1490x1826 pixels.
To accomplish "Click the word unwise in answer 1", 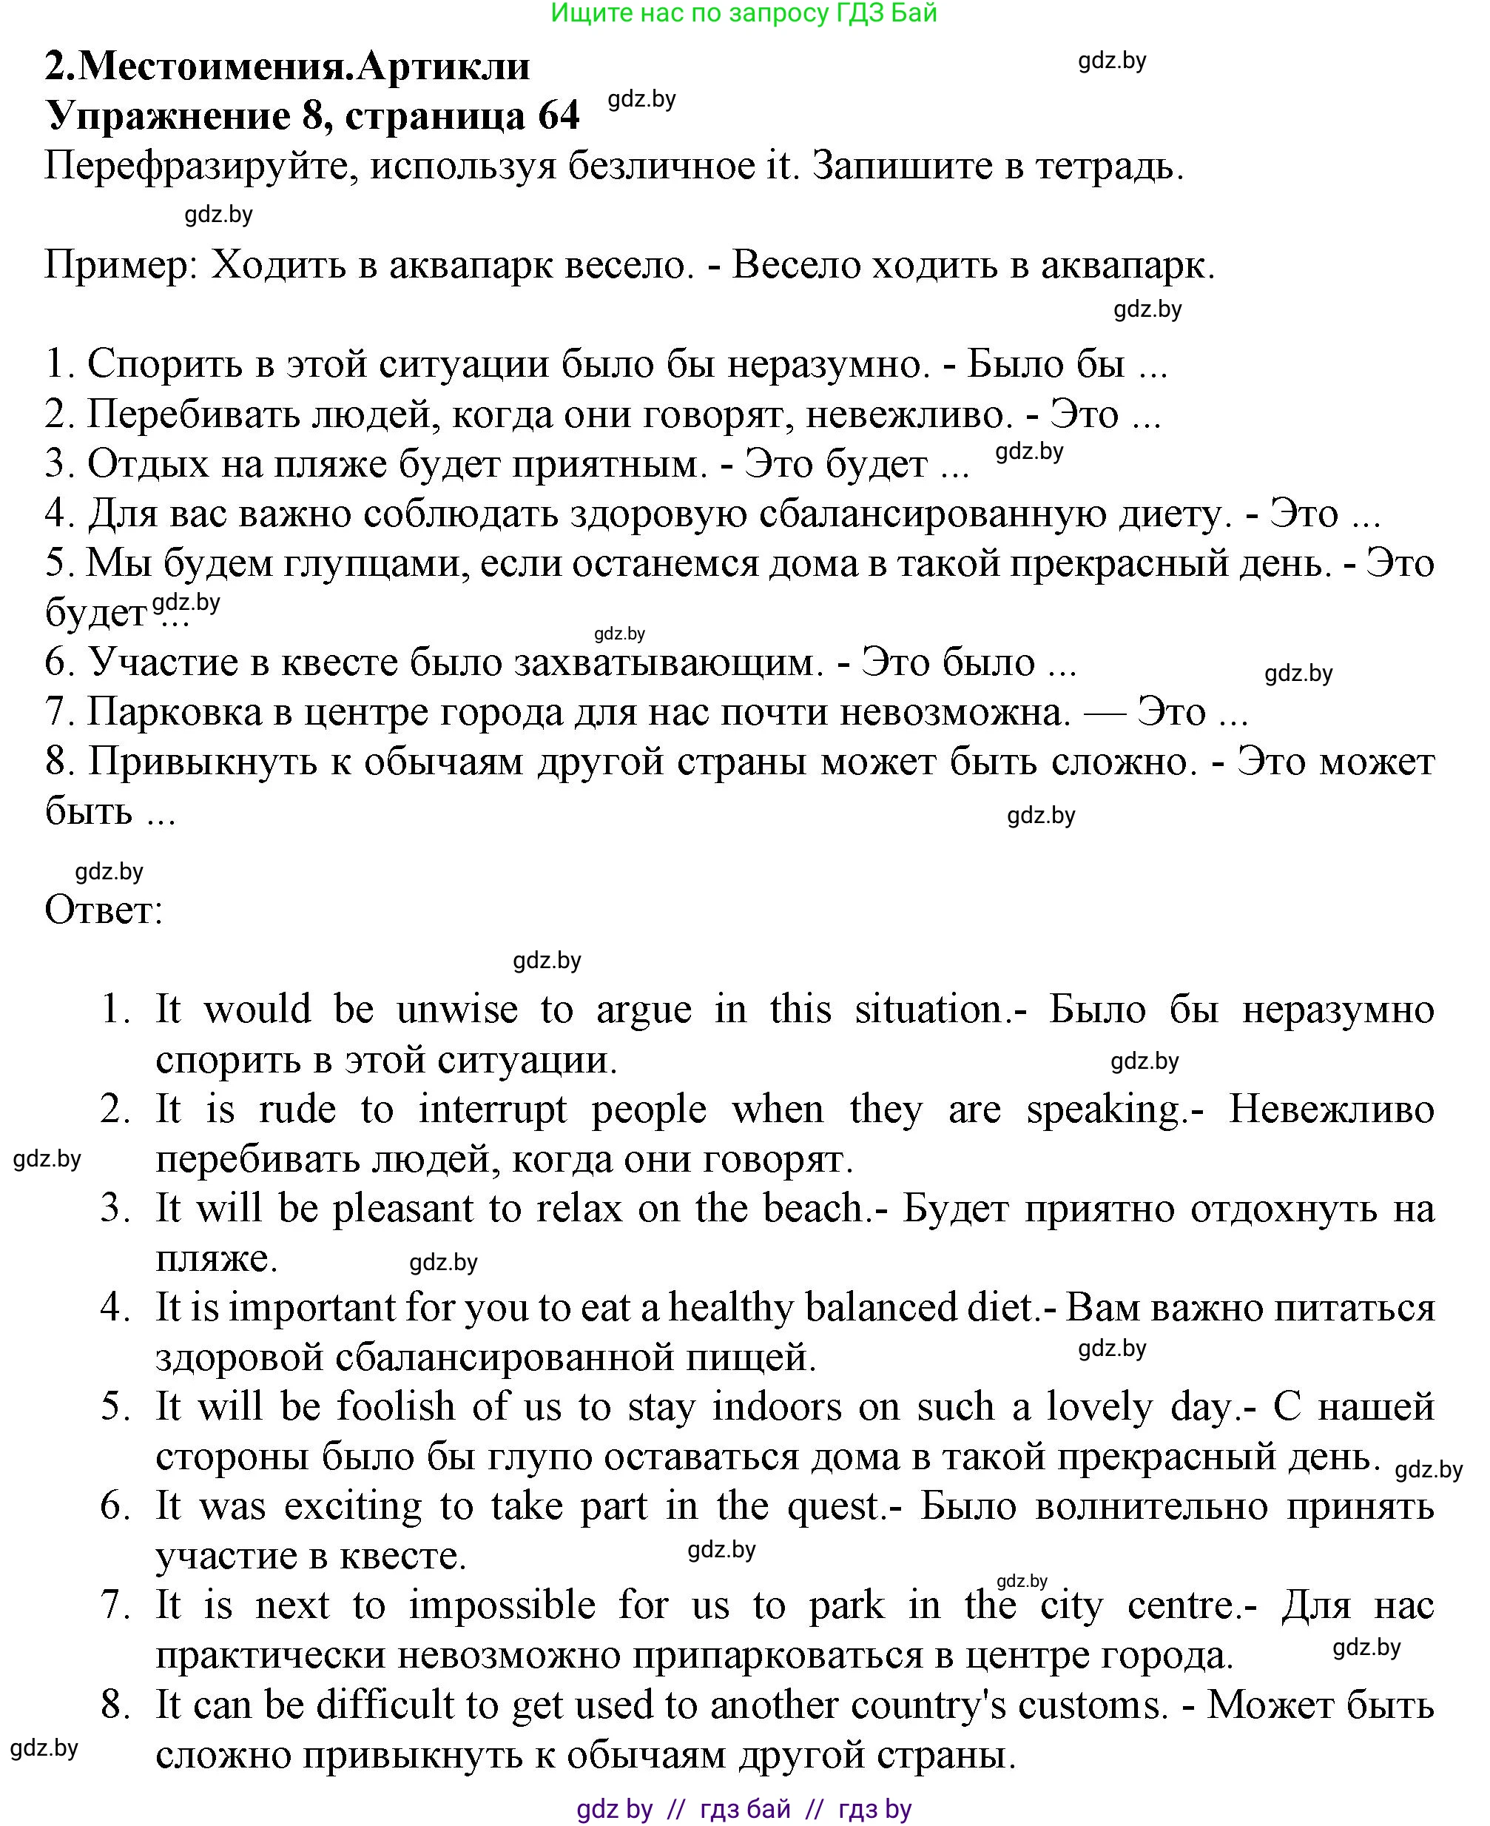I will [456, 1010].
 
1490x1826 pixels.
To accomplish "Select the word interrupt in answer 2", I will [493, 1110].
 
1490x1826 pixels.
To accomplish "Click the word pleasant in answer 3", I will [402, 1209].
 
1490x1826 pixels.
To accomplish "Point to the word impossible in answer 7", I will [502, 1606].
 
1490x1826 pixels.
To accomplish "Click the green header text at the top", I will [744, 13].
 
